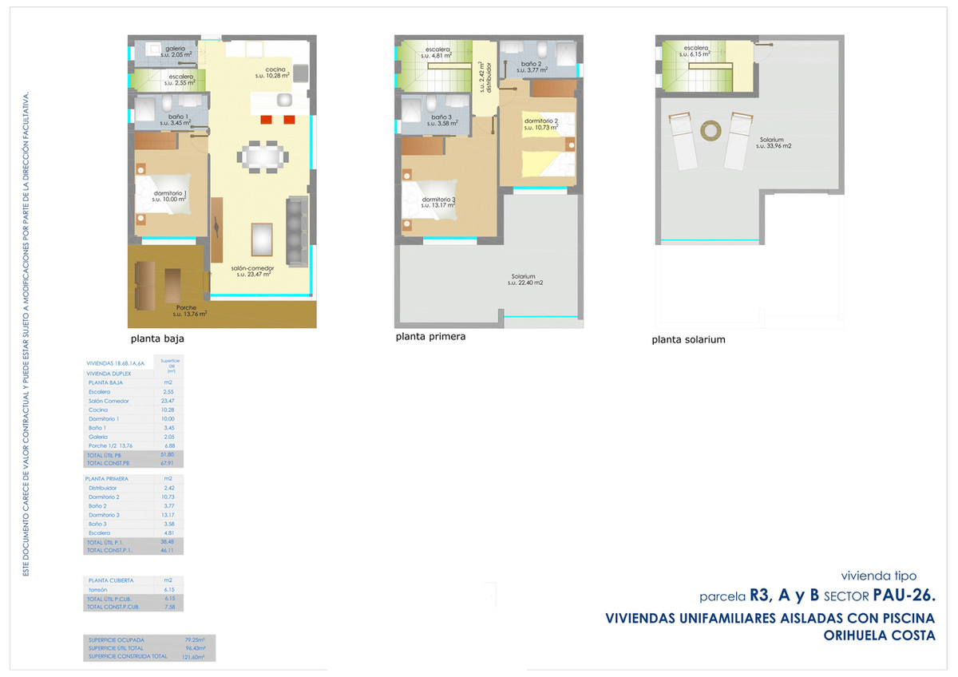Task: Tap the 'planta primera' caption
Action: click(x=430, y=337)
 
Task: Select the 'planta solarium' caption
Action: click(x=688, y=339)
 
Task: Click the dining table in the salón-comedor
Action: click(x=263, y=156)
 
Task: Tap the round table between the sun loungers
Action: click(x=710, y=129)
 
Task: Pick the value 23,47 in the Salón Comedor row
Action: click(x=168, y=401)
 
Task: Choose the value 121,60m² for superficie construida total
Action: click(x=194, y=656)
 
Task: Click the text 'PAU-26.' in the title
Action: click(x=904, y=595)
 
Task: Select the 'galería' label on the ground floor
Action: click(x=176, y=49)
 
